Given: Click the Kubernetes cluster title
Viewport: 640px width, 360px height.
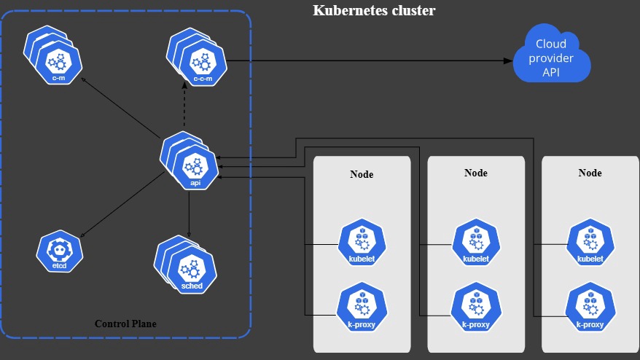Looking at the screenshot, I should (x=374, y=11).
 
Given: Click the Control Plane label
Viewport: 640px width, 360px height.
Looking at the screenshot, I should (x=125, y=324).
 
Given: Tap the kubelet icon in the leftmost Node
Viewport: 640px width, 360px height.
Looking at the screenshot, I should (x=362, y=243).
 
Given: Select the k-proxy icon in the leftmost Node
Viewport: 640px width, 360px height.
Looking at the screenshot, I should (x=362, y=308).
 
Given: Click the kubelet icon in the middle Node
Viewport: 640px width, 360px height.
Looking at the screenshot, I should (x=475, y=243).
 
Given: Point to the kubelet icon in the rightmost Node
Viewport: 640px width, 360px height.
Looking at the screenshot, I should (x=590, y=243).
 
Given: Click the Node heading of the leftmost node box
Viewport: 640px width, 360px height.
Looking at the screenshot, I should (x=362, y=175).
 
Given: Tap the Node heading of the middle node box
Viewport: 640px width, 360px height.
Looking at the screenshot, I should (x=475, y=173).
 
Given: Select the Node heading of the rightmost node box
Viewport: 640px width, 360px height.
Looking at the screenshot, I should (x=590, y=173).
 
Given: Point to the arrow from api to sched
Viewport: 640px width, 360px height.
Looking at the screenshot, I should (x=189, y=215).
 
